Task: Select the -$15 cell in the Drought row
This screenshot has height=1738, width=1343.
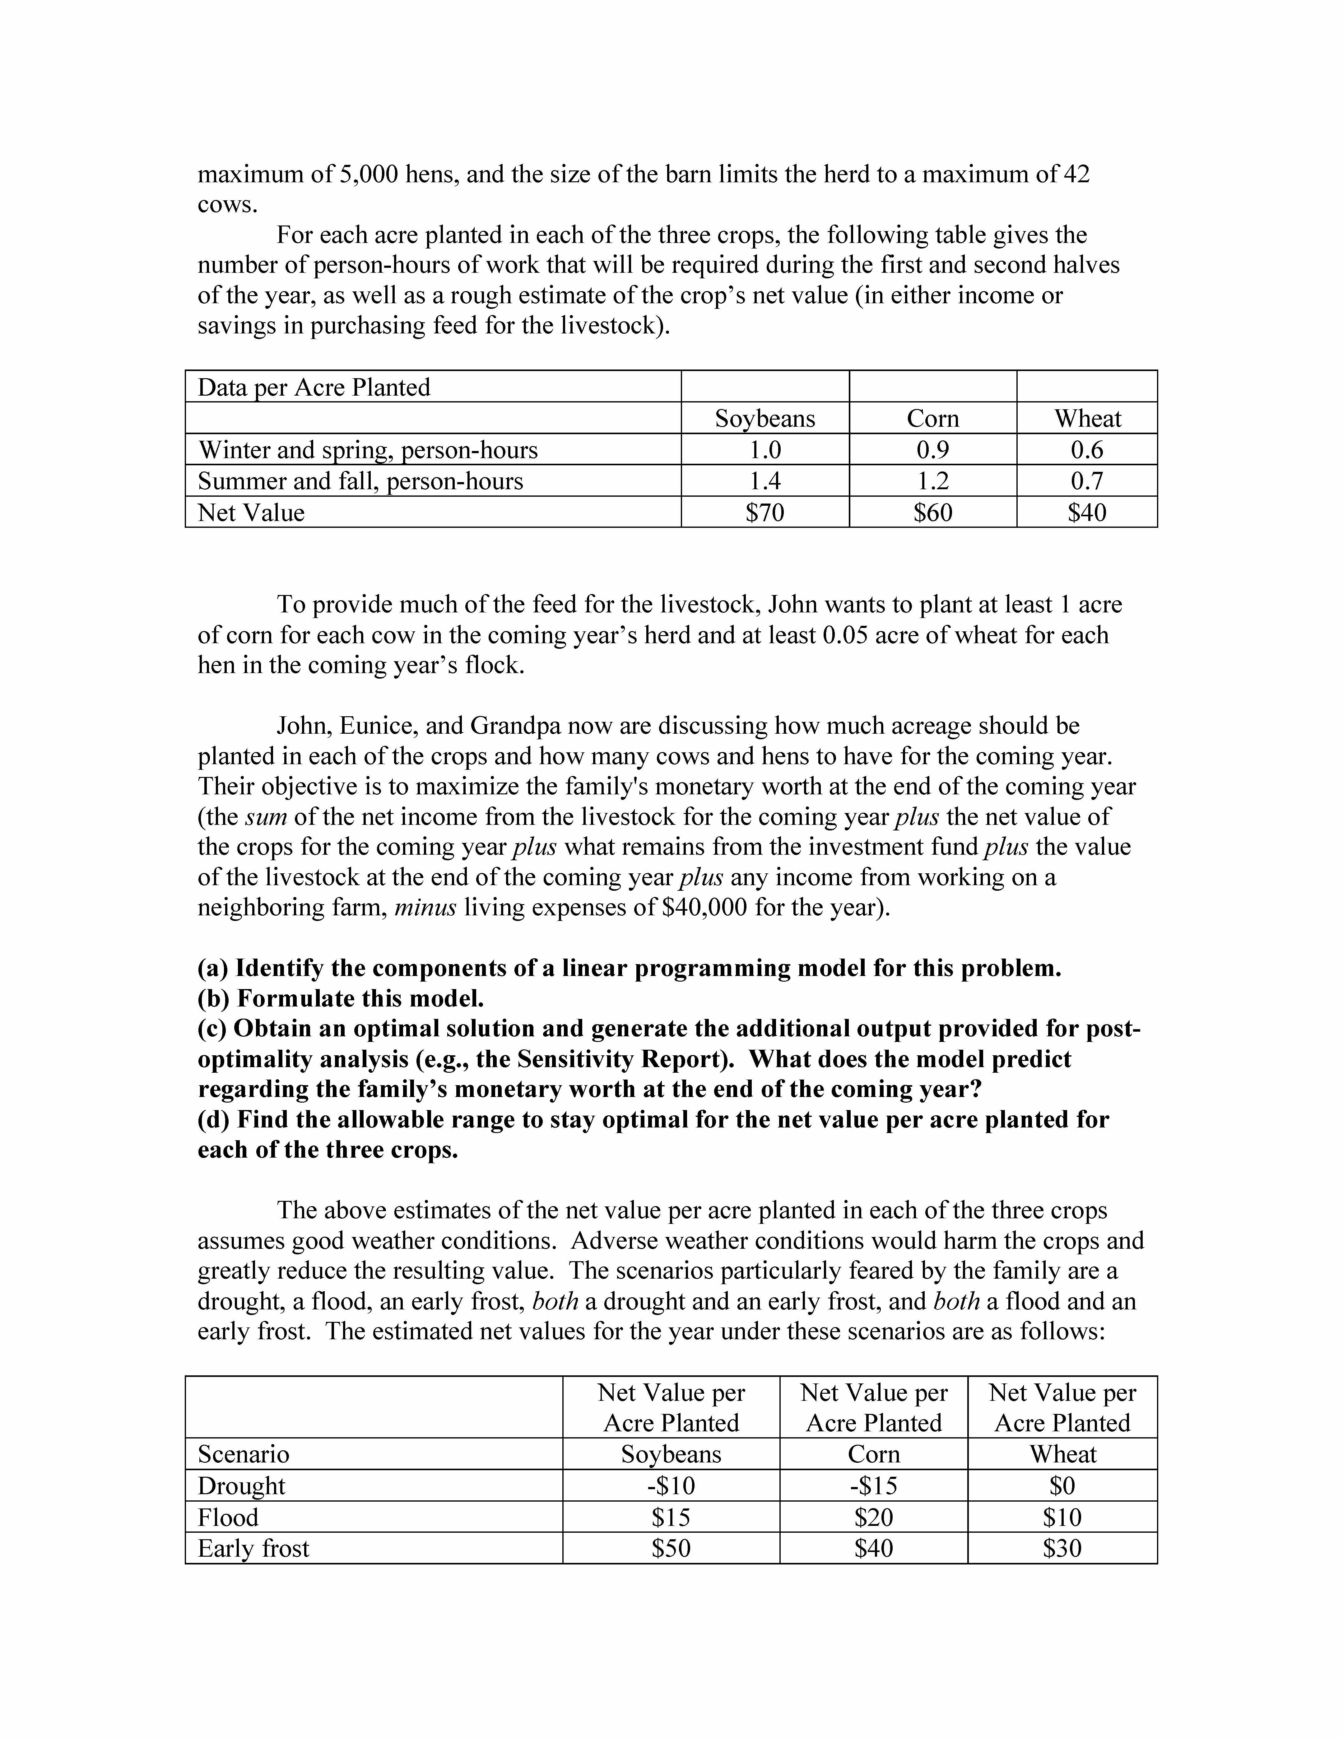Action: pos(874,1486)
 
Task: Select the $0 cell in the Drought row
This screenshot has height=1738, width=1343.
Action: pos(1062,1486)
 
